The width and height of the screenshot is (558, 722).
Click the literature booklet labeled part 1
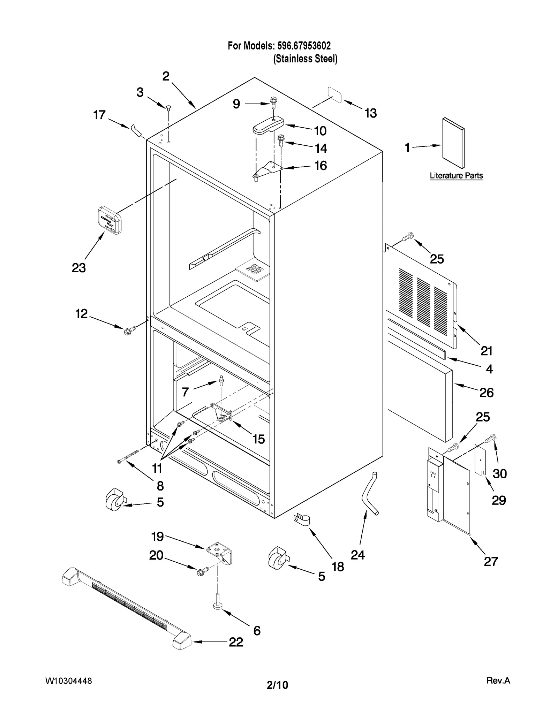[453, 143]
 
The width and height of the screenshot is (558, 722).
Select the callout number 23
[79, 268]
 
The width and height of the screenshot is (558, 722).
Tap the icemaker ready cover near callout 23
[110, 220]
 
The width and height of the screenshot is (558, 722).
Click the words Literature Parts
[456, 176]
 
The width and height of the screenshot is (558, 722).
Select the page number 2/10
[277, 685]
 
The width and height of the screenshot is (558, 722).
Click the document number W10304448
[68, 681]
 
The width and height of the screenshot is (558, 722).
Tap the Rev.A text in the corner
[498, 681]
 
